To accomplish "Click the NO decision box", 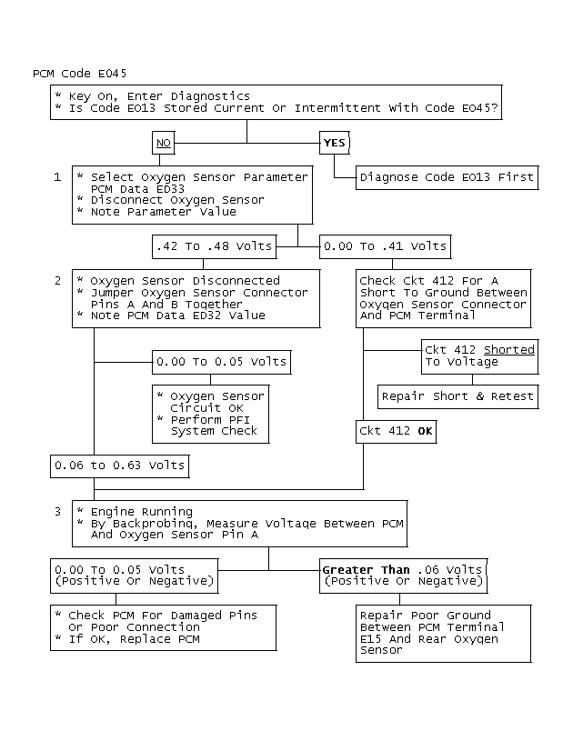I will [164, 143].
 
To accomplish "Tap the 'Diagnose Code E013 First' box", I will [447, 177].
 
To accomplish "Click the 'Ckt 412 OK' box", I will [396, 432].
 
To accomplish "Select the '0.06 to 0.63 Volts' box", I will [119, 466].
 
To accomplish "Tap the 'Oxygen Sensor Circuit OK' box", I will [210, 414].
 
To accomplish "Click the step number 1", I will [57, 176].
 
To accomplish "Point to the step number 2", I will [57, 281].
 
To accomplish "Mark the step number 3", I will [57, 512].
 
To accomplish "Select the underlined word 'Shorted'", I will [509, 350].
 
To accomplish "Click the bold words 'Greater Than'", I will [360, 570].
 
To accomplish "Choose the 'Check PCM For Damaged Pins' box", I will [162, 627].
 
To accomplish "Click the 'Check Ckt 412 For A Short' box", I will [443, 298].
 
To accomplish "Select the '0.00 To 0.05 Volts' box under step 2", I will [221, 362].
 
